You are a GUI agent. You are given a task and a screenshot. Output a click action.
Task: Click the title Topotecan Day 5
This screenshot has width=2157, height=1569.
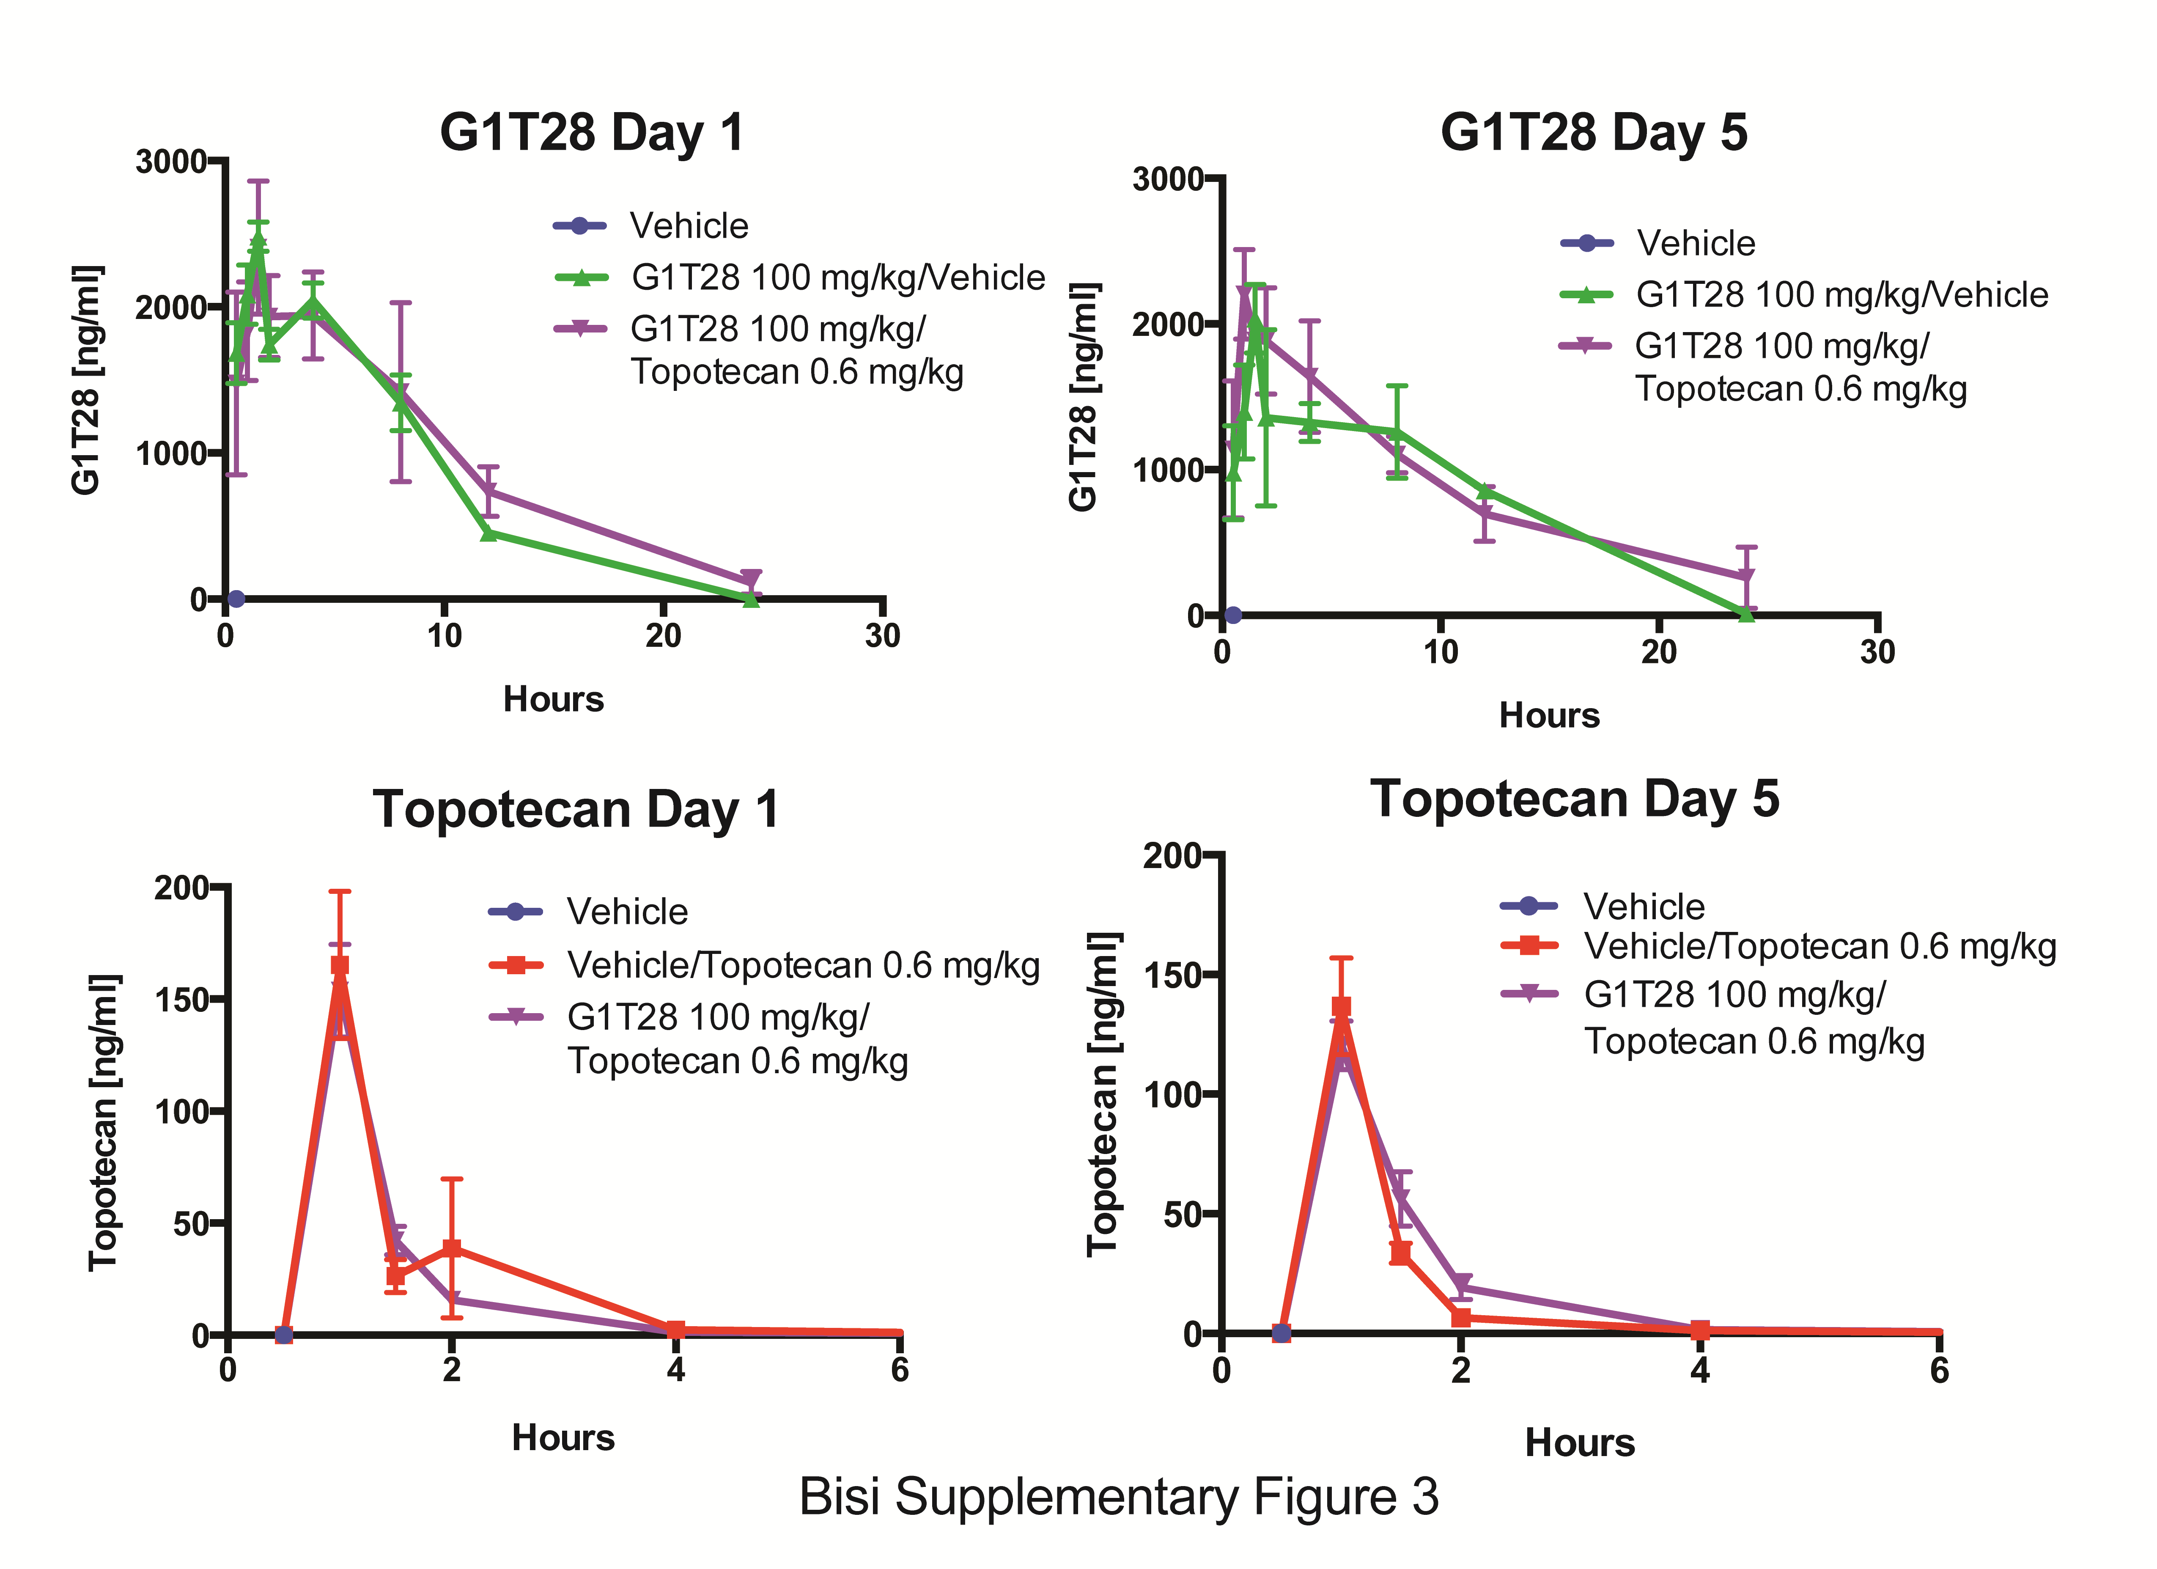pos(1574,799)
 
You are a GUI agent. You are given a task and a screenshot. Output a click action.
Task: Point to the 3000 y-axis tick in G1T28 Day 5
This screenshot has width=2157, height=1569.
pos(1167,179)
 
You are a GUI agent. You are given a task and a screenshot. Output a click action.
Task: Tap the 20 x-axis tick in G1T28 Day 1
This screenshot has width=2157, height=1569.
pos(663,635)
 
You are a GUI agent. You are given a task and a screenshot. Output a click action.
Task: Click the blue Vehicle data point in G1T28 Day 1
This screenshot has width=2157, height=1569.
pos(236,599)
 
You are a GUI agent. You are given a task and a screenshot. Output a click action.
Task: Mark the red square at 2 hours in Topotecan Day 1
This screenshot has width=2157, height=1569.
pos(452,1248)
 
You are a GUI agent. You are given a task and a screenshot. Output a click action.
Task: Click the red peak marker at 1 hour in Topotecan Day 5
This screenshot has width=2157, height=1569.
pos(1341,1007)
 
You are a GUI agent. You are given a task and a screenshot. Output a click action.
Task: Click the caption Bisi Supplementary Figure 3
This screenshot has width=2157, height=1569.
pos(1118,1497)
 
